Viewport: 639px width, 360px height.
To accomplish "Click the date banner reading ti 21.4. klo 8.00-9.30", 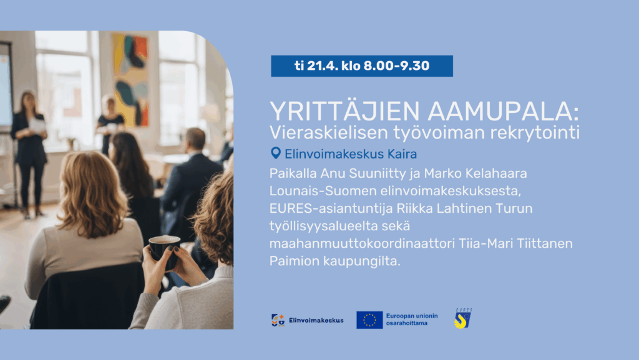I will pyautogui.click(x=361, y=66).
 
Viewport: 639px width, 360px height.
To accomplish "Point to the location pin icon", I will pyautogui.click(x=276, y=153).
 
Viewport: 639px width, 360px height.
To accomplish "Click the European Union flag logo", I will pyautogui.click(x=369, y=320).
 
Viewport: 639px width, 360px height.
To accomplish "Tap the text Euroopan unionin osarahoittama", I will pyautogui.click(x=412, y=319).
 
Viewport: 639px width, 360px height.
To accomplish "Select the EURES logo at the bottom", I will pyautogui.click(x=462, y=319).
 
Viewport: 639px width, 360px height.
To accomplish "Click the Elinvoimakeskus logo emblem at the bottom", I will pyautogui.click(x=278, y=320).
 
